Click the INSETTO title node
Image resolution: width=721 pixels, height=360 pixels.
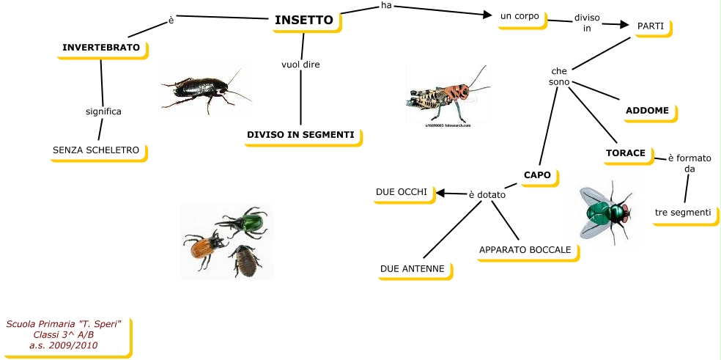pyautogui.click(x=304, y=21)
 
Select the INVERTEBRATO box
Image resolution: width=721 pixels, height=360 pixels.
pyautogui.click(x=101, y=48)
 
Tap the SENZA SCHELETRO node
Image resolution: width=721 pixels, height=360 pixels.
pyautogui.click(x=96, y=150)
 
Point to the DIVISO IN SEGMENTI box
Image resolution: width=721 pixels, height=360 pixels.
pyautogui.click(x=300, y=135)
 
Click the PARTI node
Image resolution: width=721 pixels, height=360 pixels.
pyautogui.click(x=651, y=26)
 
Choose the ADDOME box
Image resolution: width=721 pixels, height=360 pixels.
pyautogui.click(x=648, y=111)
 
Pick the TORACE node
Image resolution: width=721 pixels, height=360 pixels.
pyautogui.click(x=625, y=153)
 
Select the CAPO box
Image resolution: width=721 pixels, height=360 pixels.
pyautogui.click(x=537, y=175)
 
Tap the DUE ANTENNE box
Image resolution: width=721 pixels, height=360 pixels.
pyautogui.click(x=413, y=269)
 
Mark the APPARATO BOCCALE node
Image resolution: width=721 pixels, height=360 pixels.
pyautogui.click(x=525, y=250)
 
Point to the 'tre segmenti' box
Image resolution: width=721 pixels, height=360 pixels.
pyautogui.click(x=683, y=213)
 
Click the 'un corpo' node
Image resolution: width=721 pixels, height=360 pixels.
pyautogui.click(x=520, y=15)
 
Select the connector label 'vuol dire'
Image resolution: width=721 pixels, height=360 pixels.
pyautogui.click(x=301, y=65)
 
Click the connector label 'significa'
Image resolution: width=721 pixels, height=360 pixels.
pyautogui.click(x=103, y=111)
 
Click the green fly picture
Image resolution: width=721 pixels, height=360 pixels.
pyautogui.click(x=605, y=212)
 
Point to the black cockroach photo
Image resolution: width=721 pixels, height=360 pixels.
pyautogui.click(x=201, y=88)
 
